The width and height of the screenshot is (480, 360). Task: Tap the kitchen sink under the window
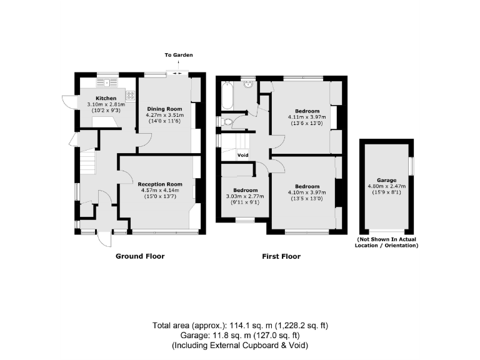(x=107, y=82)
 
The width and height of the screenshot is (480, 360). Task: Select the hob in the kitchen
(x=131, y=96)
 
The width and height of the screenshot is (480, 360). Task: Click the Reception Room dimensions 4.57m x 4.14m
(x=160, y=191)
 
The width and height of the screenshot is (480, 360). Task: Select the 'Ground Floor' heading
(x=141, y=256)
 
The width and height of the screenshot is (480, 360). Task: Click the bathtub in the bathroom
(x=227, y=95)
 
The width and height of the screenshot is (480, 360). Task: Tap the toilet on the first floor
(x=226, y=122)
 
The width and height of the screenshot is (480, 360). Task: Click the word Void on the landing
(x=243, y=155)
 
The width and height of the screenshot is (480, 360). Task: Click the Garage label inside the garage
(x=386, y=179)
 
